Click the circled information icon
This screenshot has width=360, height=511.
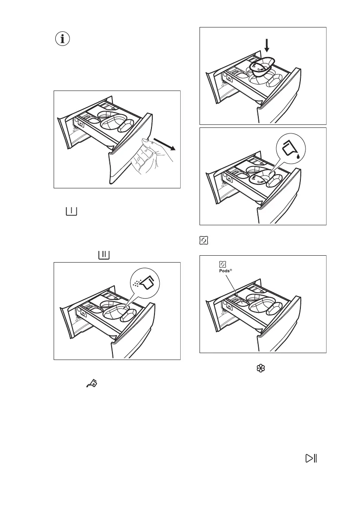[63, 39]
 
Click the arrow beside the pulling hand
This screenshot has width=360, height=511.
[165, 144]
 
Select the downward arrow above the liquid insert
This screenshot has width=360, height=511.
[267, 44]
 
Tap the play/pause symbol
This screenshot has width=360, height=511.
[311, 458]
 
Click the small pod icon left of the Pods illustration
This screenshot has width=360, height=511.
[203, 241]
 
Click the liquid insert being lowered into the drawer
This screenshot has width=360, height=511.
[262, 67]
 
